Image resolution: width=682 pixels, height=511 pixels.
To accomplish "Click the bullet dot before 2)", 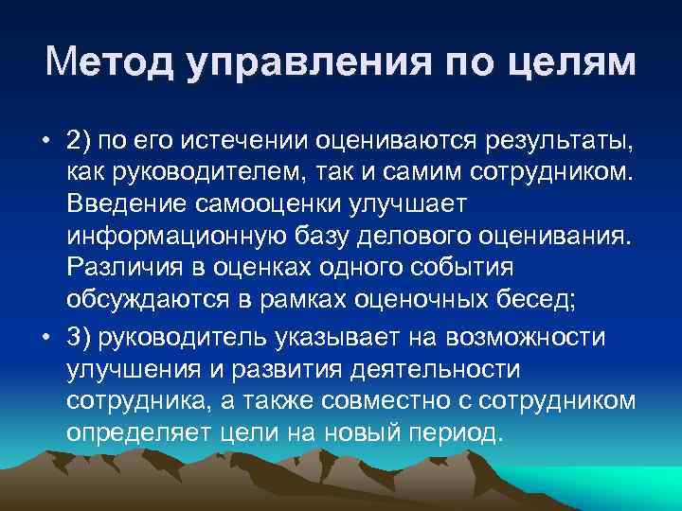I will (45, 142).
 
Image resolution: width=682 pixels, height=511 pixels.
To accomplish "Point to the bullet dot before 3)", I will (45, 339).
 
